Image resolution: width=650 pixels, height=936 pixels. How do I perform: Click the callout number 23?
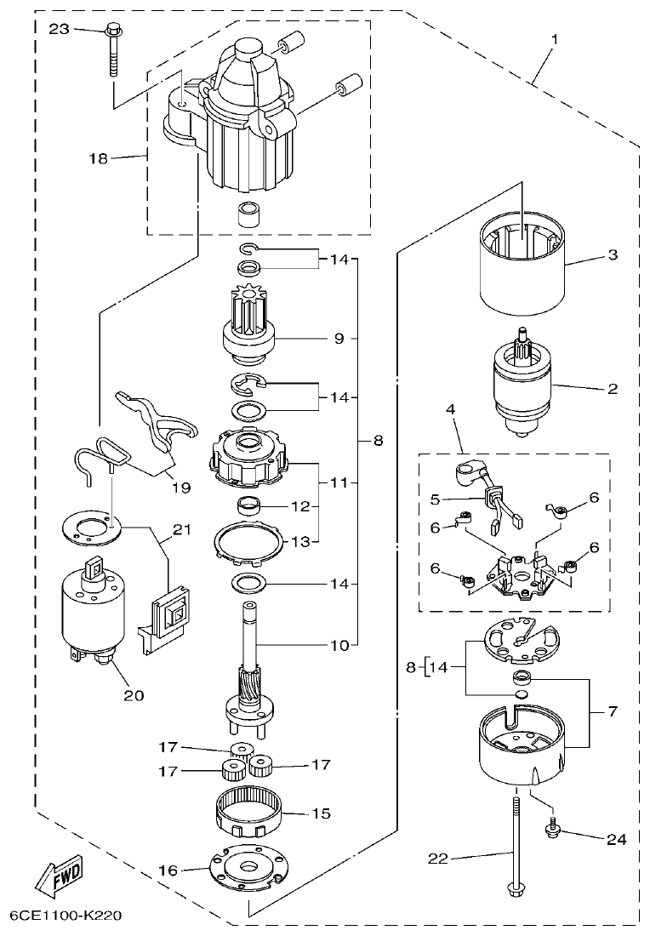click(59, 29)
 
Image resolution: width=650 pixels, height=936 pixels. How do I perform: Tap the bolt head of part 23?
click(112, 31)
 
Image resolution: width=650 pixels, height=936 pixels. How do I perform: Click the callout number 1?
click(555, 40)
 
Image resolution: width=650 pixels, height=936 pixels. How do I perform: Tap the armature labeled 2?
click(521, 387)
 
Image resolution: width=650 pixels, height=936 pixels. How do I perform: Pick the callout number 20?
click(133, 694)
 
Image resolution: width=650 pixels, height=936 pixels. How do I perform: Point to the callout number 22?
click(437, 859)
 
